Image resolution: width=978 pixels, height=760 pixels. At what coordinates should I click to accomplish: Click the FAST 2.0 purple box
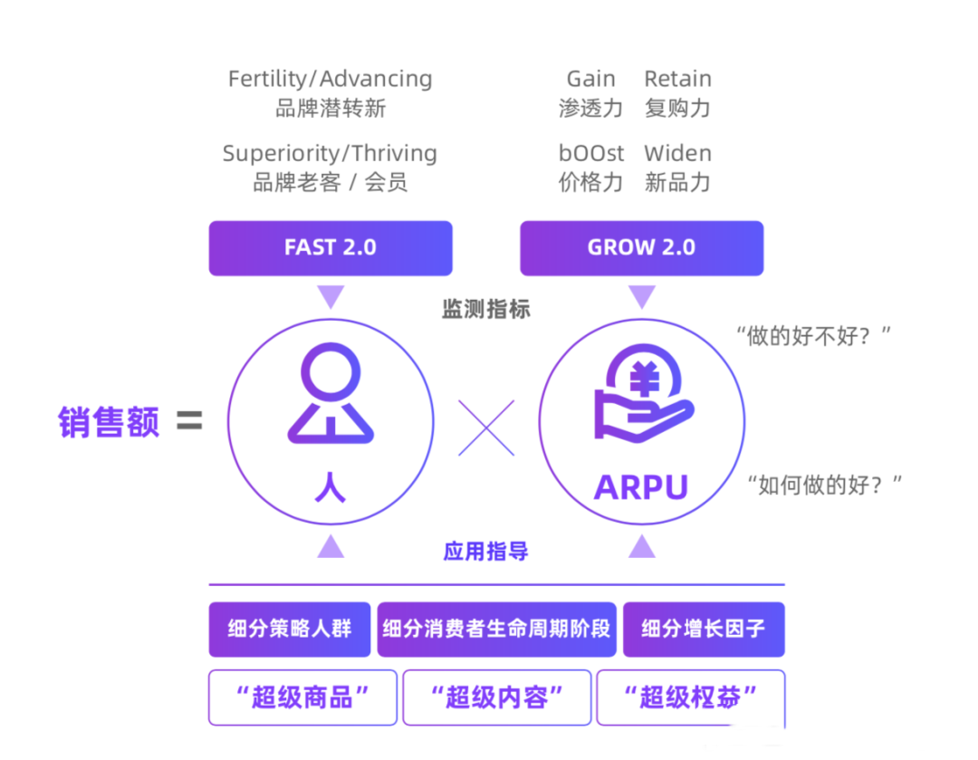[x=331, y=248]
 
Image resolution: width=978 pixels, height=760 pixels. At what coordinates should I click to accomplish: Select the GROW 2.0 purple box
[x=641, y=248]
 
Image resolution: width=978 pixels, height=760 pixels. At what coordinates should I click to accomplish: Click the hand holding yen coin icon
[x=643, y=395]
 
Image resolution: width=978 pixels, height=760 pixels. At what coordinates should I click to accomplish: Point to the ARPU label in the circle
[x=641, y=487]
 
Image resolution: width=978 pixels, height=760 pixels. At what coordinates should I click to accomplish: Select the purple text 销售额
[x=109, y=422]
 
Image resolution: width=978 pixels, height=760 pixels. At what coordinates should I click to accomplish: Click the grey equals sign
[x=189, y=421]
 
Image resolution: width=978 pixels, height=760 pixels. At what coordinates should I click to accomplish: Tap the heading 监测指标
[x=486, y=309]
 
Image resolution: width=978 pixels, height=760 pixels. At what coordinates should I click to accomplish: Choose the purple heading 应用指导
[x=486, y=551]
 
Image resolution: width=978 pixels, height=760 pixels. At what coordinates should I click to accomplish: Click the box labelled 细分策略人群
[x=290, y=629]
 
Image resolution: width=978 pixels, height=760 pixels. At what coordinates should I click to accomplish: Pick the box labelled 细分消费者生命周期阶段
[x=496, y=629]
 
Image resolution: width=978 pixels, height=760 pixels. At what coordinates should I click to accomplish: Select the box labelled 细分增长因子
[x=704, y=629]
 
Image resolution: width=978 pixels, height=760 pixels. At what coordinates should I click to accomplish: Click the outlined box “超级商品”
[x=302, y=697]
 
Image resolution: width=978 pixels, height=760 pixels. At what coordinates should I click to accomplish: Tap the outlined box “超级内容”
[x=496, y=697]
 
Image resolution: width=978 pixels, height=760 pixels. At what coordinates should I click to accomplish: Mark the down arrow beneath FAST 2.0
[x=331, y=296]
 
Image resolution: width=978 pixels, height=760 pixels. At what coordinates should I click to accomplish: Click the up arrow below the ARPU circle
[x=642, y=546]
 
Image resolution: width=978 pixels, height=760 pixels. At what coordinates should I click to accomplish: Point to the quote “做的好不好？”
[x=813, y=337]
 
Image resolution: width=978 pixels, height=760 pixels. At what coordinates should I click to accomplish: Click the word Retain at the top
[x=677, y=79]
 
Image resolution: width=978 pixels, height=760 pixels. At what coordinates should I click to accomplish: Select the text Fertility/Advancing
[x=331, y=79]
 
